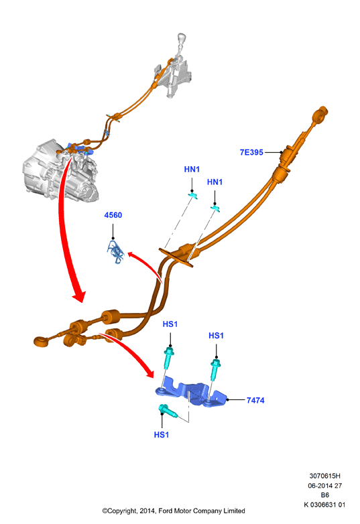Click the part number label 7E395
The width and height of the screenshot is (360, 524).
tap(251, 152)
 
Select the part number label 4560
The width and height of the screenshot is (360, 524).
tap(113, 215)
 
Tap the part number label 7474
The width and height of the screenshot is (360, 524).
tap(255, 400)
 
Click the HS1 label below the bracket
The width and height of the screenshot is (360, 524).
tap(162, 435)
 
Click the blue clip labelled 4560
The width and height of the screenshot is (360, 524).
tap(116, 252)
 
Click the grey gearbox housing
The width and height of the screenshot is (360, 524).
tap(60, 172)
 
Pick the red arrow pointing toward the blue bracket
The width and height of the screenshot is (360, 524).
tap(133, 352)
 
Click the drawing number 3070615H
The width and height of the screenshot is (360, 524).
tap(324, 476)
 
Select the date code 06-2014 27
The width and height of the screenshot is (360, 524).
tap(325, 486)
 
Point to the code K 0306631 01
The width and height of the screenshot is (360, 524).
tap(324, 505)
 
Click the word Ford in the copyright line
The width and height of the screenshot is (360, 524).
tap(165, 511)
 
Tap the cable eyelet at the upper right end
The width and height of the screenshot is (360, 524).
tap(320, 114)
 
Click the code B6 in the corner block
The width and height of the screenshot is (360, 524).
tap(325, 495)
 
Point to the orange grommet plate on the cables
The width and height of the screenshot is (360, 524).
tap(176, 257)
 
